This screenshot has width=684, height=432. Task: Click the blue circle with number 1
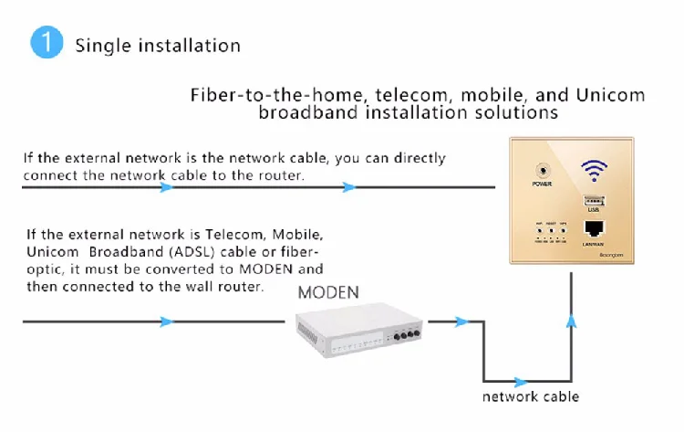(x=46, y=44)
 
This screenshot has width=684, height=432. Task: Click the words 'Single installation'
(x=158, y=45)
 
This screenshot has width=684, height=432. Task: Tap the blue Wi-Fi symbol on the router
(x=595, y=171)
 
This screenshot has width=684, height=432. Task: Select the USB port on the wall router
(x=594, y=203)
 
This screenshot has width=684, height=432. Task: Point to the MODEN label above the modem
(x=329, y=292)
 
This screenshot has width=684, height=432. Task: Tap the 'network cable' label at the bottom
(x=530, y=396)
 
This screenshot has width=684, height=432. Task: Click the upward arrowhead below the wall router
(x=572, y=320)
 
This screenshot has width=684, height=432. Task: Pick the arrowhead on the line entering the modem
(x=166, y=321)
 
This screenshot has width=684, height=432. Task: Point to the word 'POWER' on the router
(x=543, y=185)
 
